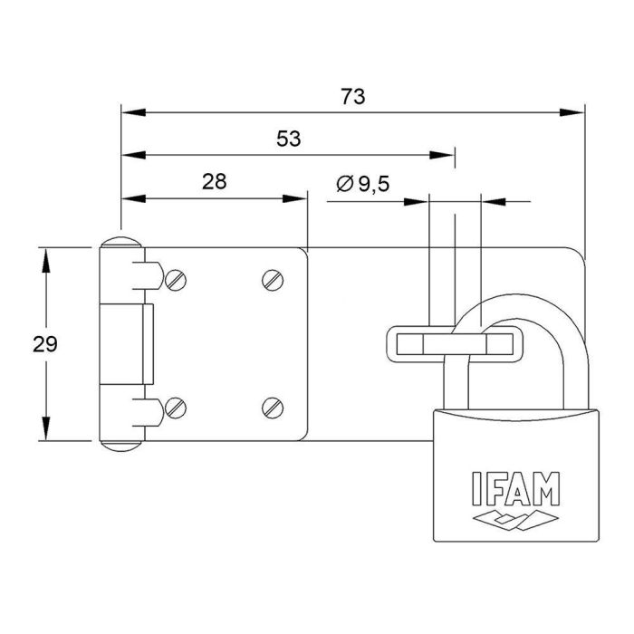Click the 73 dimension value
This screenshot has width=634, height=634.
[353, 97]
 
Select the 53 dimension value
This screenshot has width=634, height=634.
[288, 139]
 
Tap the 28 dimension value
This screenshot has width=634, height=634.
[214, 180]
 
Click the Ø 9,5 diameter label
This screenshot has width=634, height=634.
[362, 184]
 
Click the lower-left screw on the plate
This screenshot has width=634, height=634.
[176, 408]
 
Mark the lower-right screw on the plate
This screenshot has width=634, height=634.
[274, 408]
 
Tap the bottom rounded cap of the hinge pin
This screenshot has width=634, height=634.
[120, 444]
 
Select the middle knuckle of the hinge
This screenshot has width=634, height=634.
[126, 344]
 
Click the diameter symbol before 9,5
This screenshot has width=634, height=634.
[345, 184]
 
